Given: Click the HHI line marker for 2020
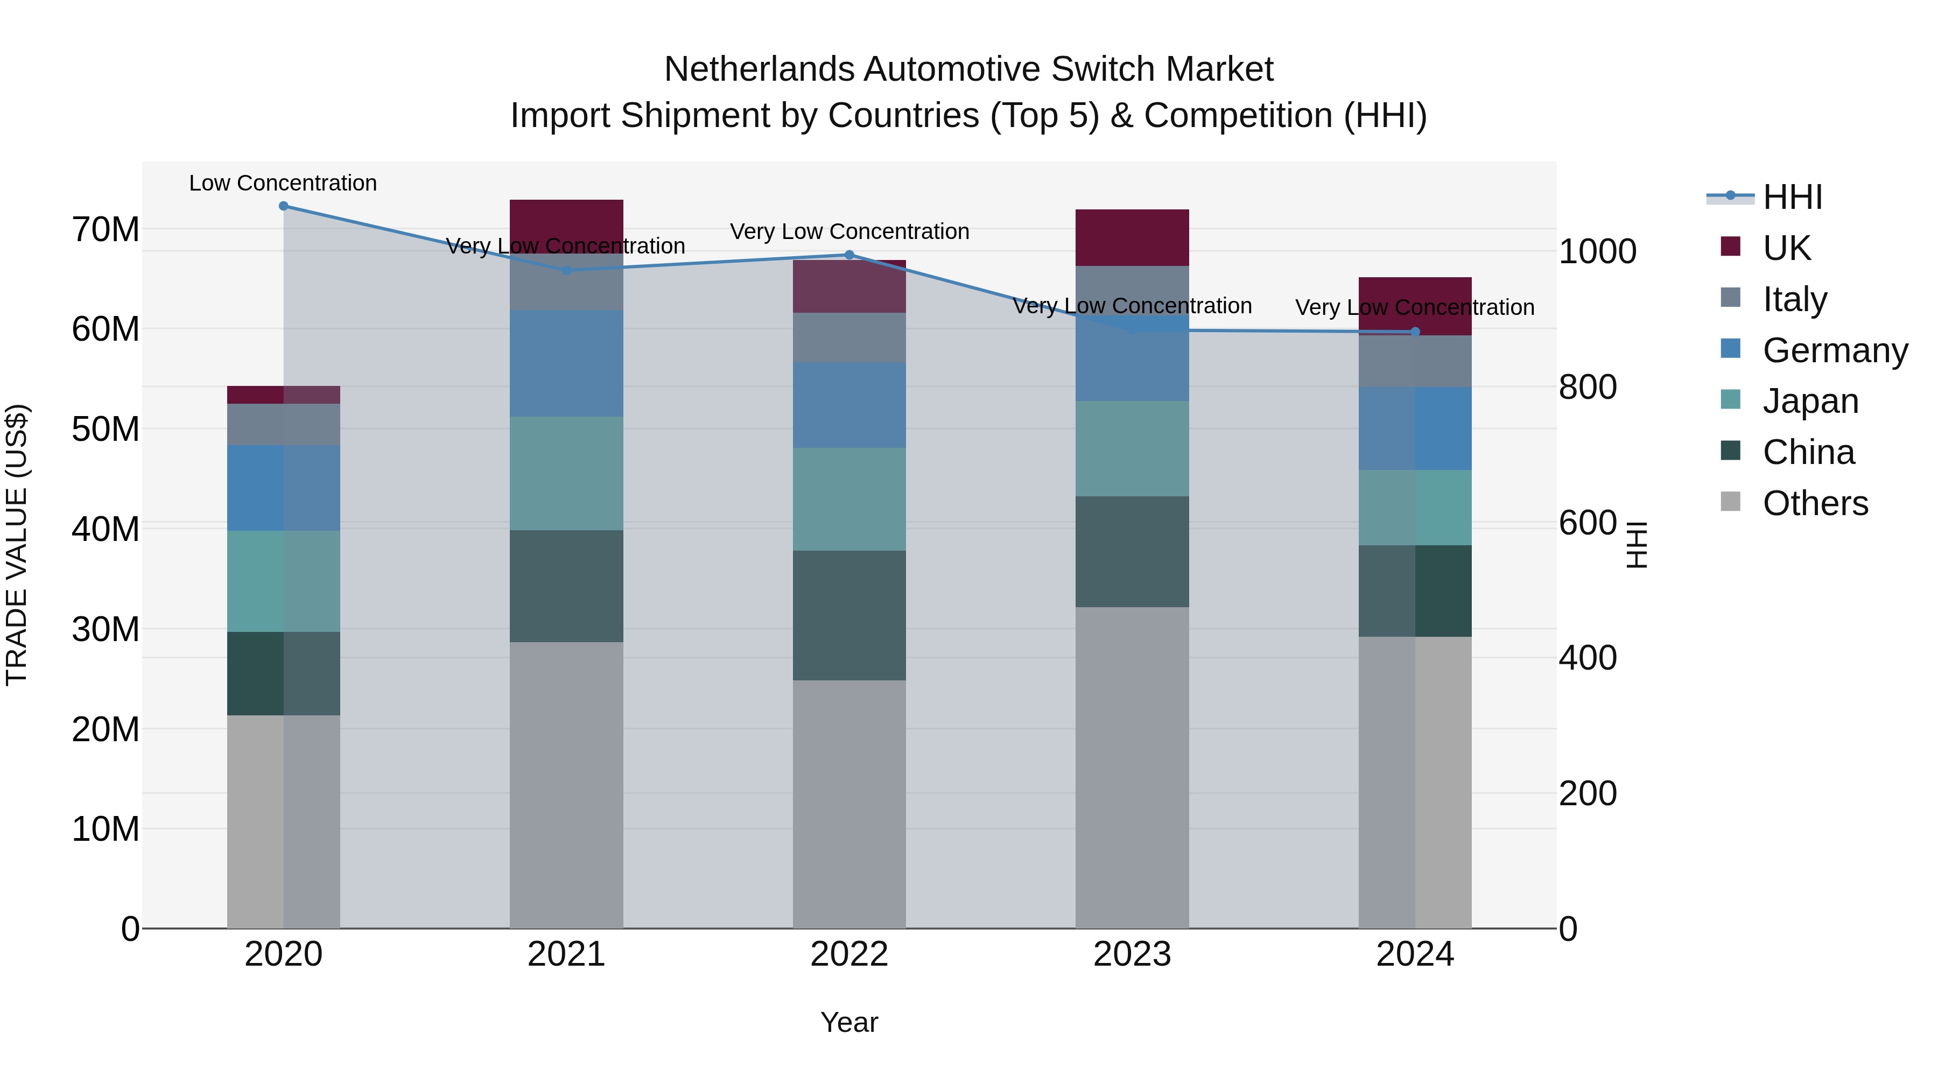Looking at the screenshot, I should [x=284, y=206].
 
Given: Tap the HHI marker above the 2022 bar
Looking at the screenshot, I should [x=849, y=255].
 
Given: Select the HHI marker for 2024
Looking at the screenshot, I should [x=1415, y=332].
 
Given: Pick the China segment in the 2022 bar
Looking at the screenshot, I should [x=849, y=615].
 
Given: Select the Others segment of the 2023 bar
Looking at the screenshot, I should [x=1132, y=767].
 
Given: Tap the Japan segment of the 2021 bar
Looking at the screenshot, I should [x=566, y=473].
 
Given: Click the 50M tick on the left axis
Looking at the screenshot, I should [x=106, y=430].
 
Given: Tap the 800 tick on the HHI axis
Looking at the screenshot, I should [x=1588, y=388].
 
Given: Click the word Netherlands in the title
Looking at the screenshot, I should [x=759, y=70].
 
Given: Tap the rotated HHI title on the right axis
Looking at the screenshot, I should [x=1637, y=545].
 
